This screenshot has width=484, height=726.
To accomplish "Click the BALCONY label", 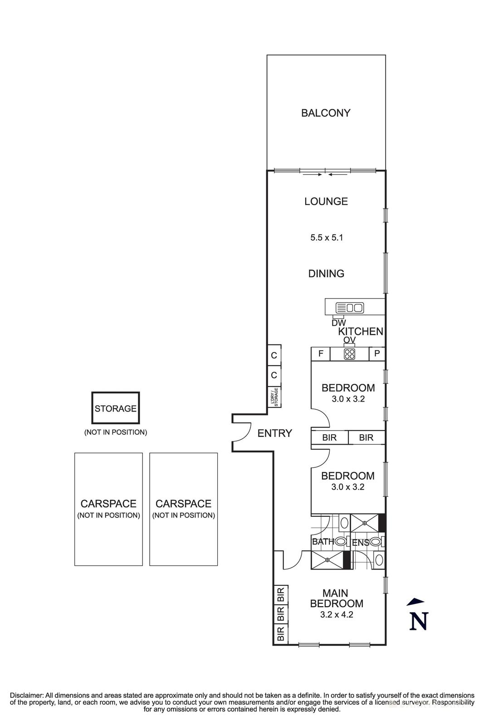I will tap(326, 113).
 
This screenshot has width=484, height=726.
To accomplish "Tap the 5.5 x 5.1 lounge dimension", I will tap(326, 237).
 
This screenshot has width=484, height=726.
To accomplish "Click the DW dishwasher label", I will tap(338, 323).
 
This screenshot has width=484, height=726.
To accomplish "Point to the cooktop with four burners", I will tap(349, 354).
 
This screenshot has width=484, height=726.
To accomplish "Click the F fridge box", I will tap(320, 354).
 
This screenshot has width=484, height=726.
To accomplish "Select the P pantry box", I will tap(377, 354).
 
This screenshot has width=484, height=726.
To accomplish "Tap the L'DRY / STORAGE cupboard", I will tap(274, 397).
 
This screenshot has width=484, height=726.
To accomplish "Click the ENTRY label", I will tap(274, 433).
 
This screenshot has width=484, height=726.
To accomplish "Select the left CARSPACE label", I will tap(108, 504).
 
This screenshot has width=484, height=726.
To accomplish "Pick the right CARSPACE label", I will tap(183, 504).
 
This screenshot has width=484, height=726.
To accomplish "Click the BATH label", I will tap(323, 542).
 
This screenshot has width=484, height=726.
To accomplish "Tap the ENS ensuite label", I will tap(361, 542).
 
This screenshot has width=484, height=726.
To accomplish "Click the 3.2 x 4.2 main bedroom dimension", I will tap(337, 615).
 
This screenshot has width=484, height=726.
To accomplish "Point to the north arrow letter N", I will tap(418, 621).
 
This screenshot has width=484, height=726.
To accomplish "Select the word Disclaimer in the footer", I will tap(26, 695).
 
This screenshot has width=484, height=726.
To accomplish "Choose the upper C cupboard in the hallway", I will tap(274, 355).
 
